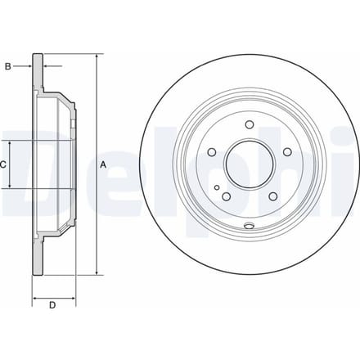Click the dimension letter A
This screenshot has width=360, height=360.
[103, 164]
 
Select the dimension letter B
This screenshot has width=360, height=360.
[8, 66]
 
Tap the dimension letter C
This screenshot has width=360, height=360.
[3, 164]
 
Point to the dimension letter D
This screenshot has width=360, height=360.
[52, 305]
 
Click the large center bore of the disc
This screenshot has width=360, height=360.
[249, 164]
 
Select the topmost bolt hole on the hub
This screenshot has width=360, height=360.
[250, 124]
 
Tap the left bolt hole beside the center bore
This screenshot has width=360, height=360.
[212, 152]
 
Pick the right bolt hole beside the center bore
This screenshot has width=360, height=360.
[287, 152]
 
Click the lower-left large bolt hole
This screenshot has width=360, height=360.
[227, 196]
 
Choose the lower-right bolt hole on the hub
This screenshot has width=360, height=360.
[272, 196]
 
